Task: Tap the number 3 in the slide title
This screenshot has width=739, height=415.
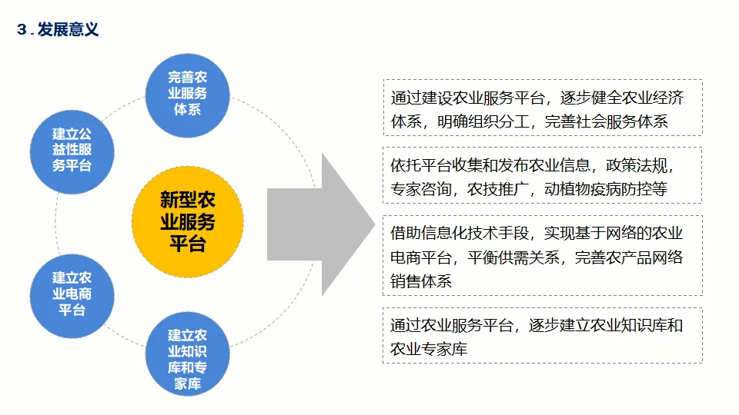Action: [x=22, y=31]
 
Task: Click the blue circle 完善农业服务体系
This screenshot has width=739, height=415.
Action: [x=187, y=93]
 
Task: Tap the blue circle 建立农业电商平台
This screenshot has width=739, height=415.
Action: [x=72, y=294]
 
